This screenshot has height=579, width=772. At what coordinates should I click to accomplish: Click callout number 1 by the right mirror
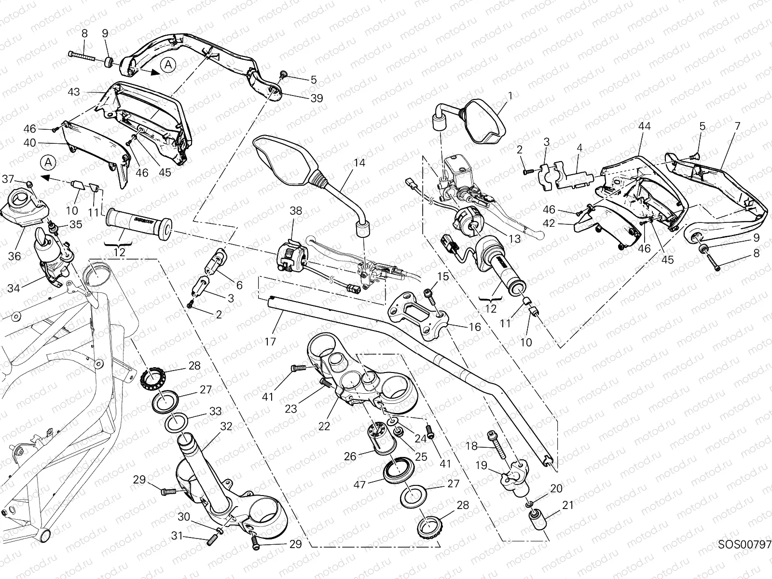(510, 96)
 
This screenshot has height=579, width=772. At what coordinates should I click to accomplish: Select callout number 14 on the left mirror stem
(359, 163)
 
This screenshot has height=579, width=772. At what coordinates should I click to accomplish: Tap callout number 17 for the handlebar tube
(270, 342)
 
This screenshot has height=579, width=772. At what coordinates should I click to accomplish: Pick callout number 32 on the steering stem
(226, 427)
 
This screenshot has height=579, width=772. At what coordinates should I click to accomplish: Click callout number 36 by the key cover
(14, 256)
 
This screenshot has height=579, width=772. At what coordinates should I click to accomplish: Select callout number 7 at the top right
(737, 126)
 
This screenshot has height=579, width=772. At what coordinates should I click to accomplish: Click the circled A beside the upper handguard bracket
(167, 65)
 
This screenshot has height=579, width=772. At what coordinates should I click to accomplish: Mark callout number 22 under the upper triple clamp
(324, 426)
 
